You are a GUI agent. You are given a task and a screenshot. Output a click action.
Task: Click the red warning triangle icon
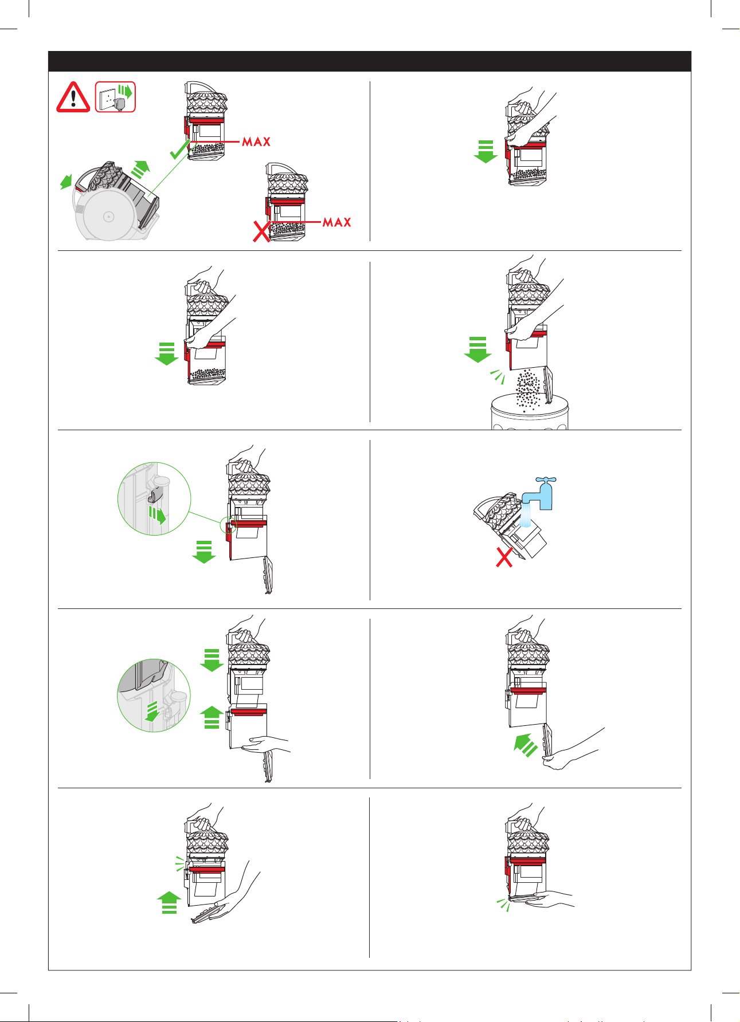73,98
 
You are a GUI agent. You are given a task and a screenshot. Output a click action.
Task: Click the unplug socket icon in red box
115,97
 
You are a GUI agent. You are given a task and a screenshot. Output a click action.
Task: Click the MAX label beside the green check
256,141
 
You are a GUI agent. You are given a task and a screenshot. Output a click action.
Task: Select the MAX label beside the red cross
337,222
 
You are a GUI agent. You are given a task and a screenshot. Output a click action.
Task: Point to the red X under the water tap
504,557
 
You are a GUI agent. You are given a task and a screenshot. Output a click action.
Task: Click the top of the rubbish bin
530,402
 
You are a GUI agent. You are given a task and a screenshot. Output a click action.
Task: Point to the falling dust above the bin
530,389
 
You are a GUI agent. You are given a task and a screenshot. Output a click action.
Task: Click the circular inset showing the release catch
154,498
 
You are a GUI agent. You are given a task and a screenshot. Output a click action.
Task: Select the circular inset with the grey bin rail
154,695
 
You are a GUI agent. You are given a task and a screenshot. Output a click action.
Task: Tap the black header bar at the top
370,61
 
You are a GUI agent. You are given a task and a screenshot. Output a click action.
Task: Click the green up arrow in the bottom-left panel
169,902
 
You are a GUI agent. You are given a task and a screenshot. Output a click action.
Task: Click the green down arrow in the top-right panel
485,151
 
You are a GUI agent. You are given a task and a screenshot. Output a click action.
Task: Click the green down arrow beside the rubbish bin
477,350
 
